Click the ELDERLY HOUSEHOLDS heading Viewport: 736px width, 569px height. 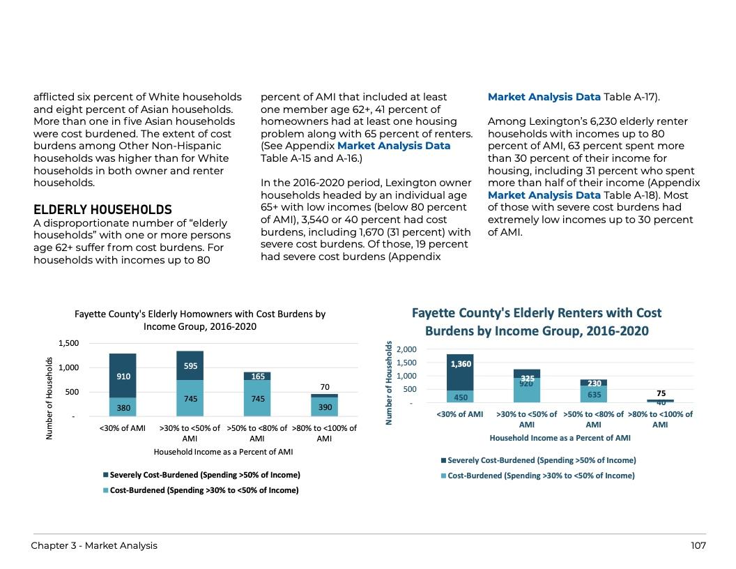(102, 209)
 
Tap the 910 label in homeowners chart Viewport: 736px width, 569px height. (123, 377)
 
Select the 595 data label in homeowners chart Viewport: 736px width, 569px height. (190, 365)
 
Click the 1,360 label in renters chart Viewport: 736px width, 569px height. (461, 364)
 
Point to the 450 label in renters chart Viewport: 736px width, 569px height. (461, 397)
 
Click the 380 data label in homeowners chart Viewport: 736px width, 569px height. (123, 407)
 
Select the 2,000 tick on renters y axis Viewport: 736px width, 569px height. (406, 349)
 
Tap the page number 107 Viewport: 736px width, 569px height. (698, 545)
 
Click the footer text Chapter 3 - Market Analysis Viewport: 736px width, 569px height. (94, 545)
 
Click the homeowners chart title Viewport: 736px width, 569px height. (200, 320)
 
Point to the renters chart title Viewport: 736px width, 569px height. (537, 321)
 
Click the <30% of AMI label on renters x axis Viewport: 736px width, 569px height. (459, 414)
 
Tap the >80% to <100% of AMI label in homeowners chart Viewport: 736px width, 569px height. (324, 433)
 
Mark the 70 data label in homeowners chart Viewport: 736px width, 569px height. (325, 387)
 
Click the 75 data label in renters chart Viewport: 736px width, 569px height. (661, 393)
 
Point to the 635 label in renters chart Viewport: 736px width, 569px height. (595, 395)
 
